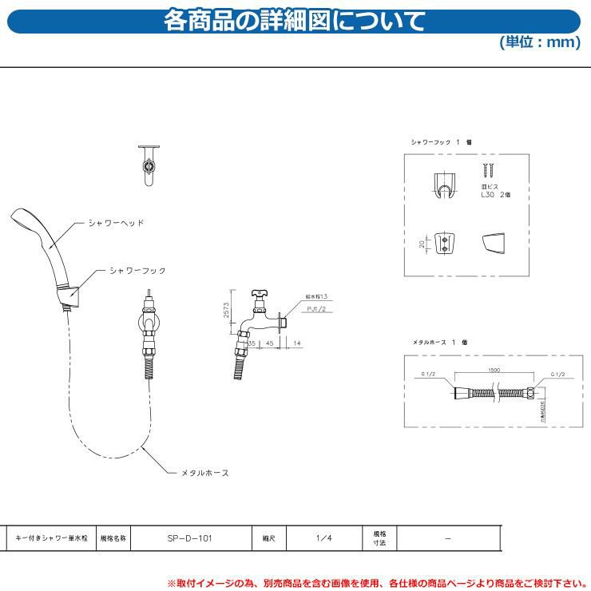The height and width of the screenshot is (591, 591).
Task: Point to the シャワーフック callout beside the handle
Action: point(137,271)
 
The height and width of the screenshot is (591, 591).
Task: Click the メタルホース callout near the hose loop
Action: point(204,473)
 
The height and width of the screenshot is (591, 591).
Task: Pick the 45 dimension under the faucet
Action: point(271,343)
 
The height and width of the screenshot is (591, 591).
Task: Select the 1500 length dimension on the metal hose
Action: point(494,371)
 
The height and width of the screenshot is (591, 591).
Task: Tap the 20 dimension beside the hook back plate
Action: point(421,243)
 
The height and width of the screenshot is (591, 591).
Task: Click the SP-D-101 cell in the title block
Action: point(190,538)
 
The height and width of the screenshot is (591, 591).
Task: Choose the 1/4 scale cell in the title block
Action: point(318,538)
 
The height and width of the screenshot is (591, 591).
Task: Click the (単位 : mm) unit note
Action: point(540,42)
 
